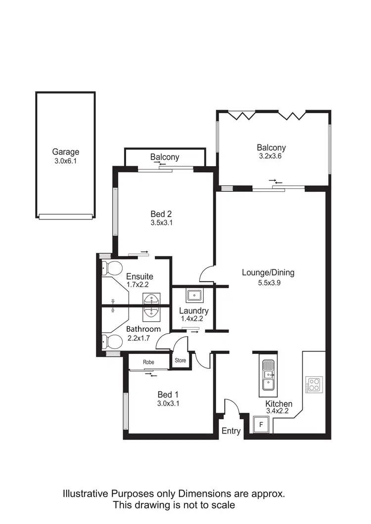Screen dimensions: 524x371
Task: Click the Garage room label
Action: click(65, 152)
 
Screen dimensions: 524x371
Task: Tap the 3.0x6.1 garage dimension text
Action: click(65, 161)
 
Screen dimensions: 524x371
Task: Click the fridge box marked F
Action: click(262, 424)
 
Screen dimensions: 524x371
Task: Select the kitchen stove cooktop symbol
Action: click(314, 385)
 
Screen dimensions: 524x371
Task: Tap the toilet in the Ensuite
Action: click(113, 268)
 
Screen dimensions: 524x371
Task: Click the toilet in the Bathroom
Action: click(113, 342)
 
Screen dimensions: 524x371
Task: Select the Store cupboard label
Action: click(180, 360)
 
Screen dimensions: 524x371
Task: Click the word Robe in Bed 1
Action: click(148, 362)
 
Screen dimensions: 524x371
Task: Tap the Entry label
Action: click(231, 431)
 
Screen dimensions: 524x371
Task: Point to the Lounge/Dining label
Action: click(268, 272)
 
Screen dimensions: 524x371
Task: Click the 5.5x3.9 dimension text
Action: click(268, 283)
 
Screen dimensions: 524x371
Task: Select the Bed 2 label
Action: click(161, 214)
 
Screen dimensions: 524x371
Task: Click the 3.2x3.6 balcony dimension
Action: click(271, 156)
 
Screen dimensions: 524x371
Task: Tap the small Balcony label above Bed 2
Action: click(165, 157)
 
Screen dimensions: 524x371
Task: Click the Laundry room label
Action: click(193, 311)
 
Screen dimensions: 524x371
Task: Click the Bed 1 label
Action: click(168, 394)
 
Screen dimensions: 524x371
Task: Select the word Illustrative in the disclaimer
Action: click(85, 493)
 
